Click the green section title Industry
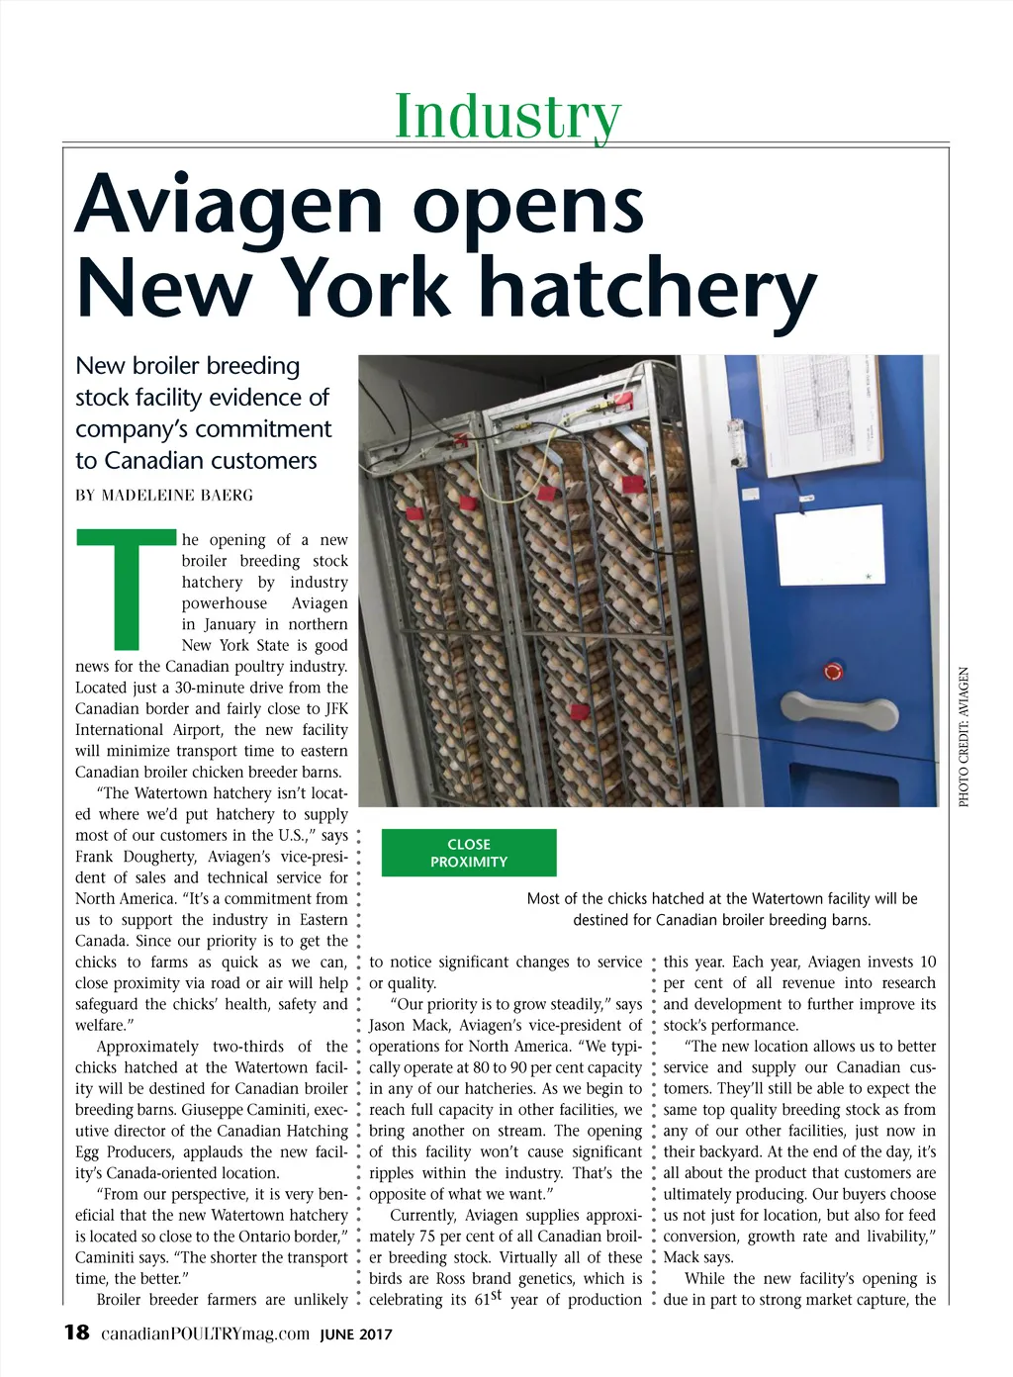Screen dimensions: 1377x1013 507,116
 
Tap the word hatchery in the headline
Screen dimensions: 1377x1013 648,287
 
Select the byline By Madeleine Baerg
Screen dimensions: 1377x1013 164,495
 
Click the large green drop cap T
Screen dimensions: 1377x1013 127,588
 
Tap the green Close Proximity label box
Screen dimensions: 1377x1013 469,853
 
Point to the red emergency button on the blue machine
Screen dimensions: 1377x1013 833,672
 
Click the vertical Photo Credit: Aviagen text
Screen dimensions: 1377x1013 965,737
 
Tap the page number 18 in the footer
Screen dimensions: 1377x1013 76,1332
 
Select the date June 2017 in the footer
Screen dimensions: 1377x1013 356,1334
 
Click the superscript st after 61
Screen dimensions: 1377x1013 497,1295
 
